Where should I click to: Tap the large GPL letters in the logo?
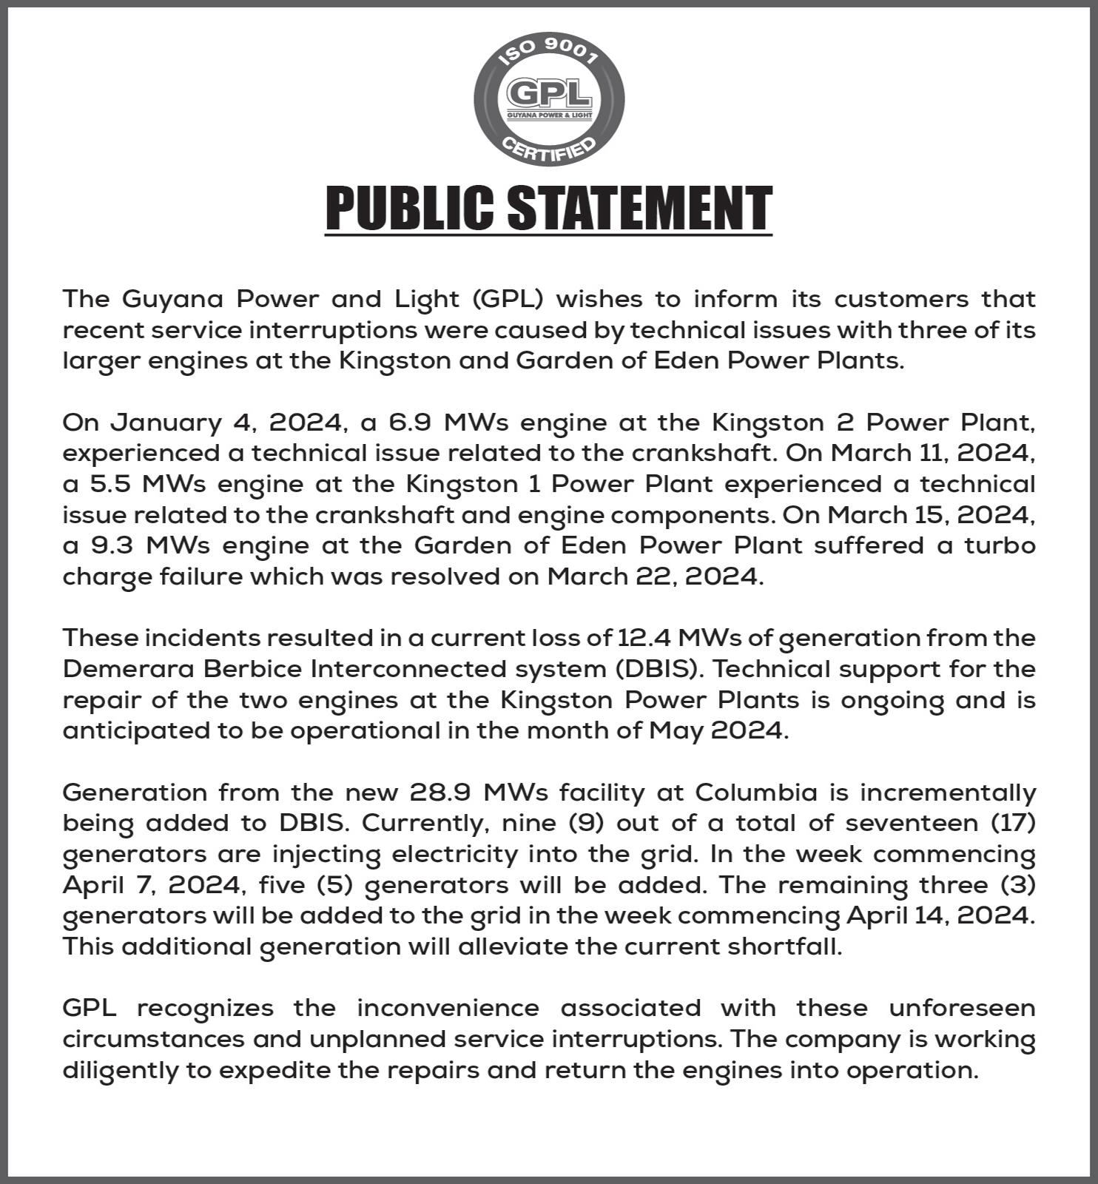549,93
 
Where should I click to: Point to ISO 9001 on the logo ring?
549,50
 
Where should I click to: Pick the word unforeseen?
961,1008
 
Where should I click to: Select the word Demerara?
127,668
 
